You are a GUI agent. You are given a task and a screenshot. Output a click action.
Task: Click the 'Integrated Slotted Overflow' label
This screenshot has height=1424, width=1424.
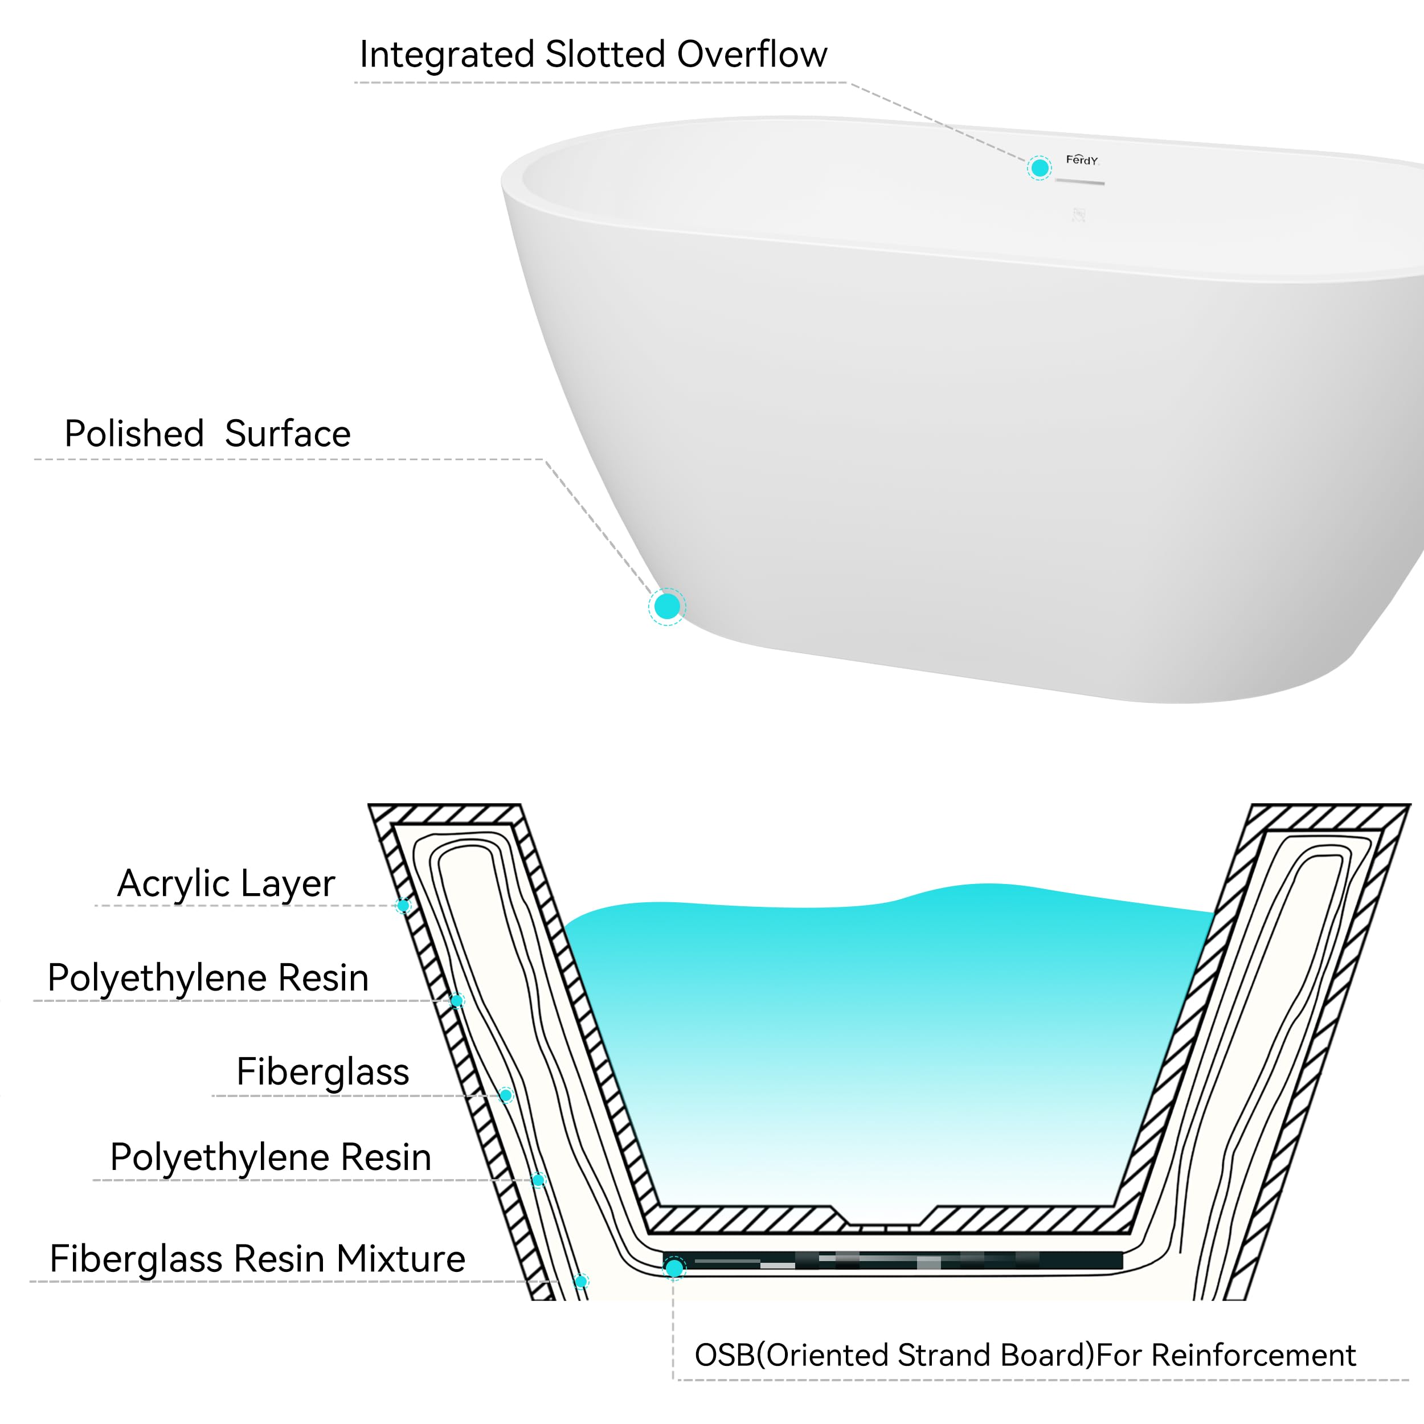[594, 55]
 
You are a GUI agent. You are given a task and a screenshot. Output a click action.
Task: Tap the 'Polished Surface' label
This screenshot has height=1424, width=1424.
[207, 433]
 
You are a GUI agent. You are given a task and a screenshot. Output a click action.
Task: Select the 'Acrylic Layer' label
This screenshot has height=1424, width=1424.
[226, 883]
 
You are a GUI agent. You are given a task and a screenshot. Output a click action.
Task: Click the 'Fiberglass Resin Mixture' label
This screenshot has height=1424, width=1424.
[257, 1258]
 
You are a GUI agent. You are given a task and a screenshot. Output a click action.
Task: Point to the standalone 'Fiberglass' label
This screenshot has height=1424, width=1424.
[322, 1071]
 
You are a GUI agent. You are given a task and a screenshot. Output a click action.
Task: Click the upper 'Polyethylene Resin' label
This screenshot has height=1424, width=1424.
[208, 977]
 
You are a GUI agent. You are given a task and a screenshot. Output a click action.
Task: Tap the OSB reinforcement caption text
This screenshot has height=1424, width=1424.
[1025, 1355]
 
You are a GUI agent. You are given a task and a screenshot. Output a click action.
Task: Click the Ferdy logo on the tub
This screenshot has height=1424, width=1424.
[1081, 160]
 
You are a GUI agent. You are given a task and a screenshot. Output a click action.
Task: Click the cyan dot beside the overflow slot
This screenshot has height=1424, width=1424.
[1040, 168]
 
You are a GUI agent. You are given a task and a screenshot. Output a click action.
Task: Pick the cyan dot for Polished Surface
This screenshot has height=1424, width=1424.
[667, 606]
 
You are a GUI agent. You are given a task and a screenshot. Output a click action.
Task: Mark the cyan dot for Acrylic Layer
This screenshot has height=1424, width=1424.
[403, 905]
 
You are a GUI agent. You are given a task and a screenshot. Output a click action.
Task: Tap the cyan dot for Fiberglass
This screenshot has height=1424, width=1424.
[506, 1095]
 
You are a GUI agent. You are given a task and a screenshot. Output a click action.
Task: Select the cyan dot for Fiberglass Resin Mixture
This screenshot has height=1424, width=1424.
[581, 1281]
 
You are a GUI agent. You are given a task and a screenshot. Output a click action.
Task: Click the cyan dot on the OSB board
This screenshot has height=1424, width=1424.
[674, 1268]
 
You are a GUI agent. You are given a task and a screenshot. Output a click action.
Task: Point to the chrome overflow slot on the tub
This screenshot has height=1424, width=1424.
[1080, 181]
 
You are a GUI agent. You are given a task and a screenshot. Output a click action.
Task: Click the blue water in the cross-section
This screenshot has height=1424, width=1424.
[885, 1032]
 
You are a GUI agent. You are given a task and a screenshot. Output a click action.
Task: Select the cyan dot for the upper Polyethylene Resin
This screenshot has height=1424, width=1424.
[456, 1000]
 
